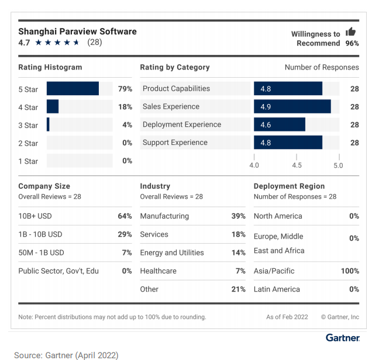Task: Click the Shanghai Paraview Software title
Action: click(x=77, y=31)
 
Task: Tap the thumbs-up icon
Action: click(x=351, y=32)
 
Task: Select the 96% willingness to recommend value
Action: click(x=352, y=43)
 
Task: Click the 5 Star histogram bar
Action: click(x=73, y=89)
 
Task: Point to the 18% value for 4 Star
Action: click(x=125, y=107)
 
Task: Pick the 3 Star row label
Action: click(x=28, y=125)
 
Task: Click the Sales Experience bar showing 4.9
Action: click(x=292, y=106)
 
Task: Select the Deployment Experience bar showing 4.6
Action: click(x=279, y=124)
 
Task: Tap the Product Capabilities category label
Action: click(x=176, y=89)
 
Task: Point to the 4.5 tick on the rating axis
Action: click(x=297, y=165)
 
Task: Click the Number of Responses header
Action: click(x=322, y=67)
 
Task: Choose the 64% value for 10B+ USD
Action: click(x=125, y=216)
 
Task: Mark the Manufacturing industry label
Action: click(x=164, y=216)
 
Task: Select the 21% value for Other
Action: click(x=238, y=289)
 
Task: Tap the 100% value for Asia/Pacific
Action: click(x=349, y=271)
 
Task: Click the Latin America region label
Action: click(x=277, y=289)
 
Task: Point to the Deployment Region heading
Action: click(x=289, y=186)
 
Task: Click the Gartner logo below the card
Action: click(x=342, y=338)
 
